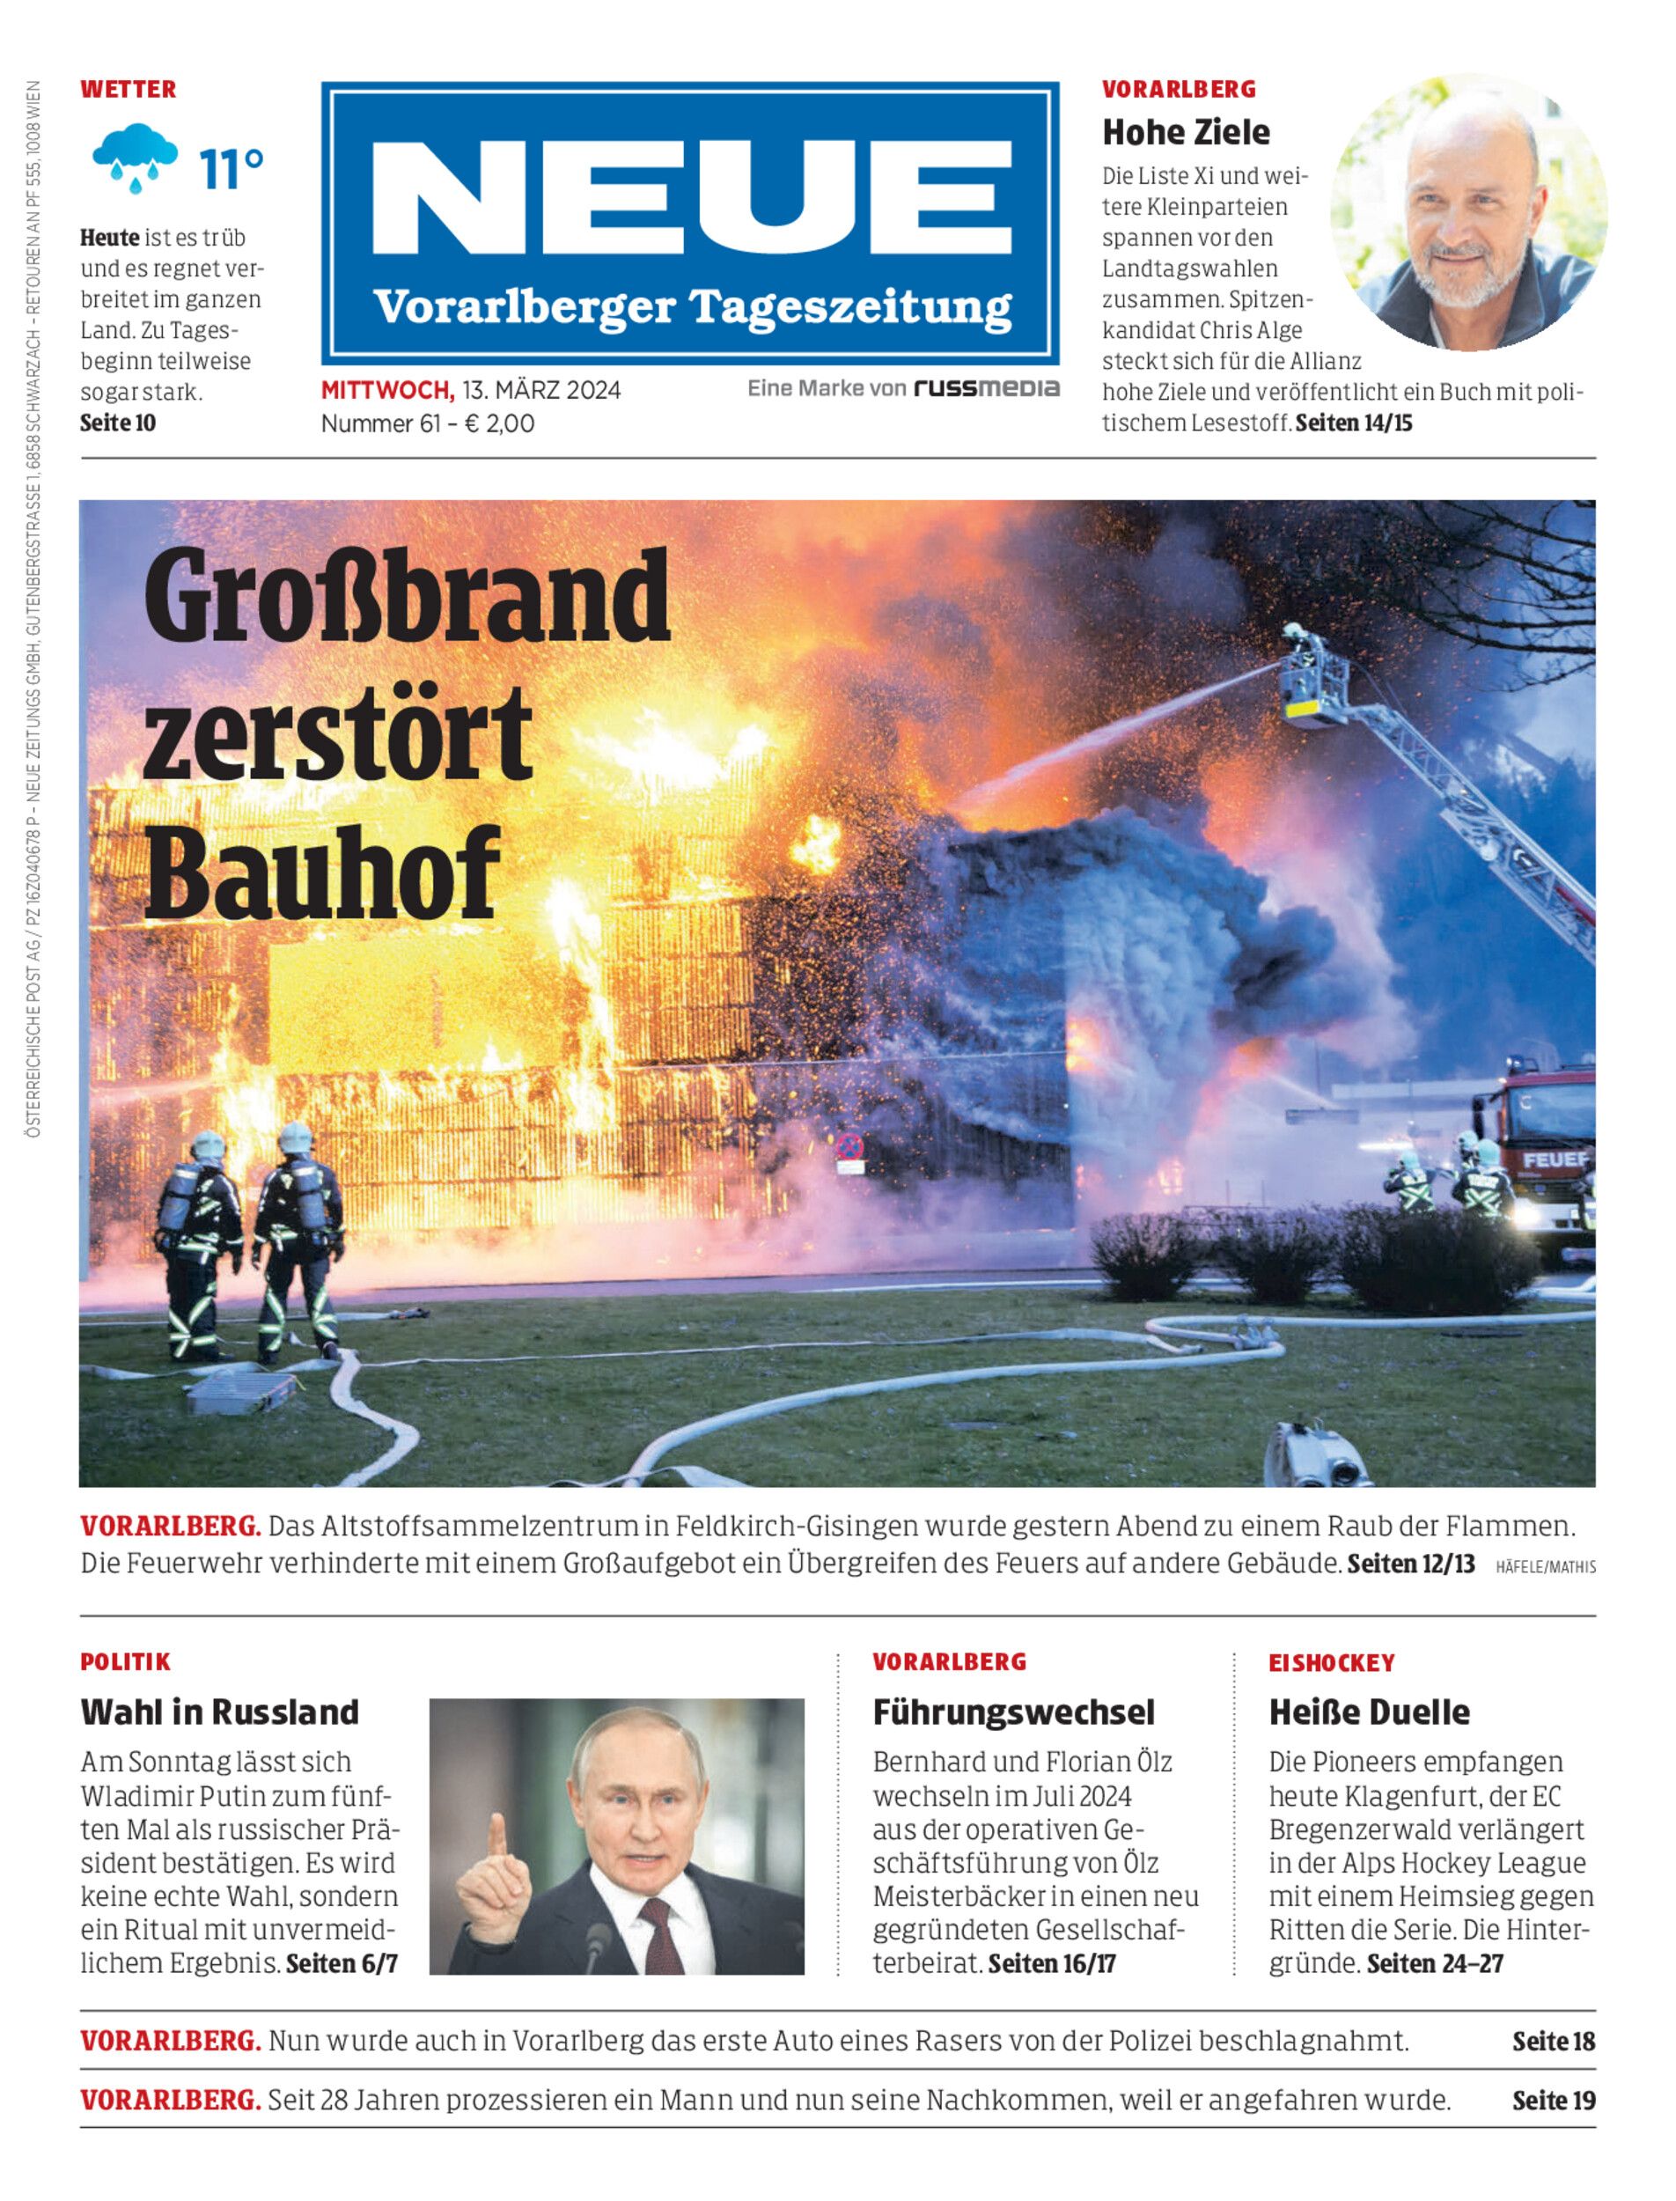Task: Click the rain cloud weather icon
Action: click(x=135, y=158)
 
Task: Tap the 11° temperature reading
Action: click(x=232, y=170)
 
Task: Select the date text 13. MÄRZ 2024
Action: click(x=540, y=390)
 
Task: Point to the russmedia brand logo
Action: click(x=986, y=388)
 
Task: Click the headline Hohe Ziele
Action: click(x=1185, y=132)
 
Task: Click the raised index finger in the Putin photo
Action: click(x=496, y=1844)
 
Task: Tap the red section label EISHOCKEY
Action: click(x=1331, y=1663)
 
